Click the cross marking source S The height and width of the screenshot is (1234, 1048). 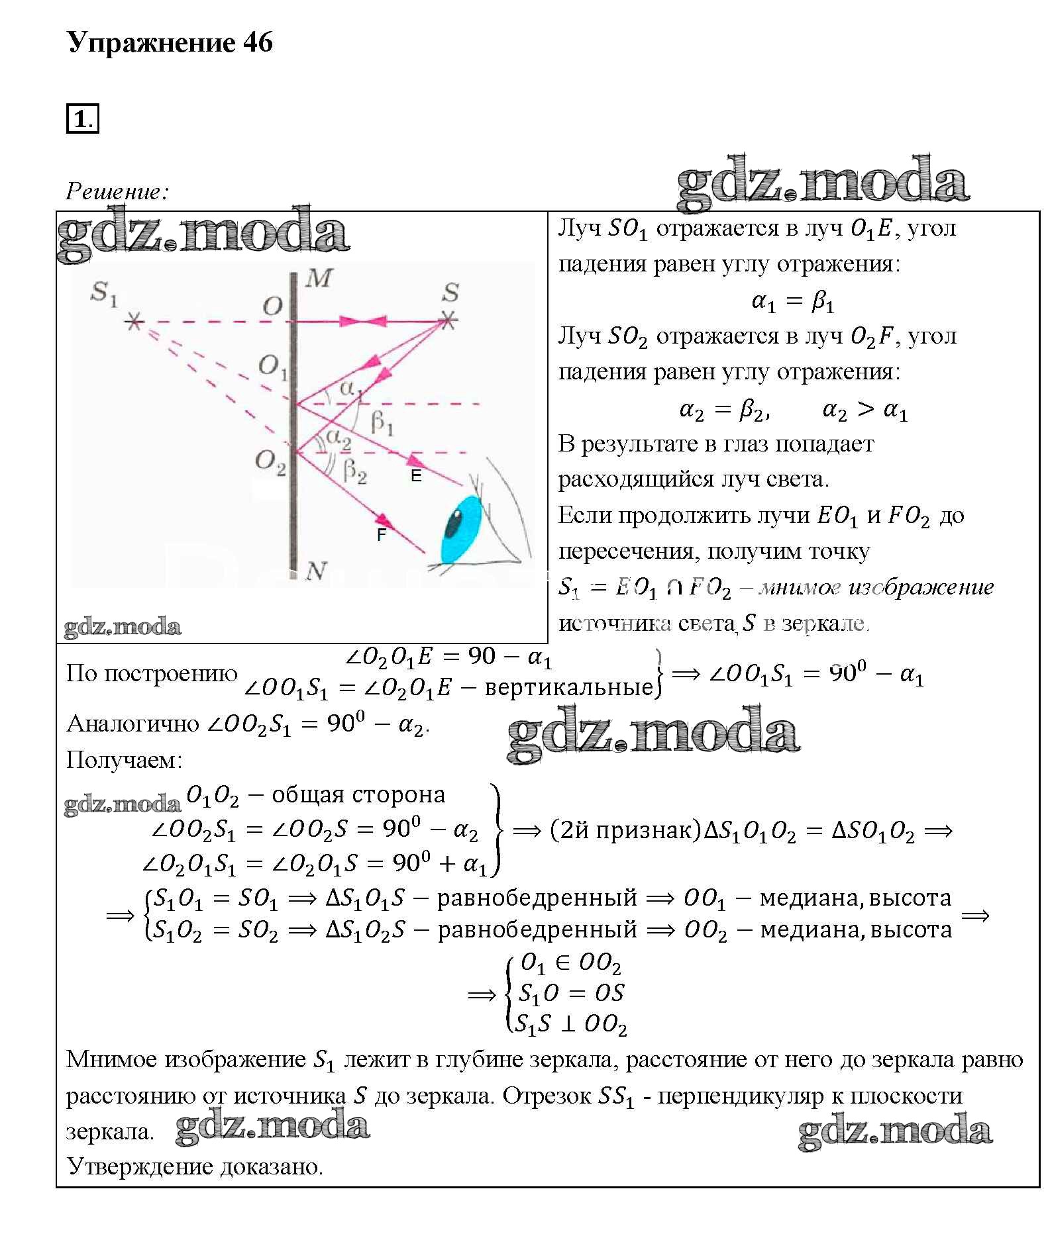448,322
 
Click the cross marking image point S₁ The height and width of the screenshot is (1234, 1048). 134,322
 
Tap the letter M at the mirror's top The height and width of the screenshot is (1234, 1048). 320,279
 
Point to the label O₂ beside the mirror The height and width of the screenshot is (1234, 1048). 270,461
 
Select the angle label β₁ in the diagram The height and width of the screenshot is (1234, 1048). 382,422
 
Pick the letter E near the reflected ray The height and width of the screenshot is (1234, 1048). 416,476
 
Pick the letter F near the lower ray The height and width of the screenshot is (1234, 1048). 381,535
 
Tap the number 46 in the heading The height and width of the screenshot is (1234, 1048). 258,43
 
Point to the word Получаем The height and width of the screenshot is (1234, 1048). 124,760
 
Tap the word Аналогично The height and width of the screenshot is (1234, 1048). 132,724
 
